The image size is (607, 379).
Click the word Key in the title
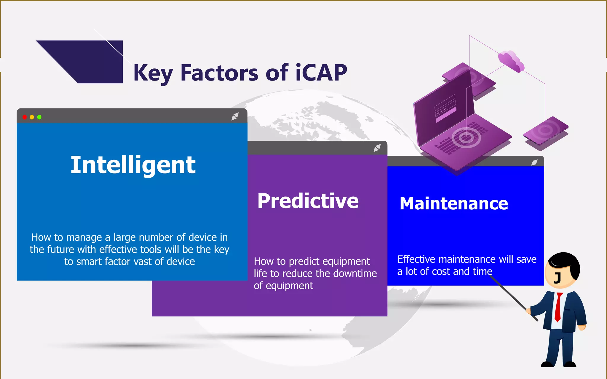[x=153, y=73]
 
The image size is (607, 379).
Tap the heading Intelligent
[x=133, y=165]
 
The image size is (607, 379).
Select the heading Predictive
[x=308, y=201]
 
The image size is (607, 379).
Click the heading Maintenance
[x=454, y=204]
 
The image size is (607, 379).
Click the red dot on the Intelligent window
[x=25, y=117]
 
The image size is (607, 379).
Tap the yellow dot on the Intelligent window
[x=32, y=117]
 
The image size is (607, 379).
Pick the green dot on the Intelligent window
[x=39, y=117]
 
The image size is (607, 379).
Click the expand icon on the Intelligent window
[x=235, y=116]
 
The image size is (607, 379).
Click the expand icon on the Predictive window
[x=377, y=148]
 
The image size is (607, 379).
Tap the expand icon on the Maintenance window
[x=534, y=162]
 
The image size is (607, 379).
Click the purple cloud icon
[x=511, y=61]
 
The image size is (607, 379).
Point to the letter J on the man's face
[x=558, y=278]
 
